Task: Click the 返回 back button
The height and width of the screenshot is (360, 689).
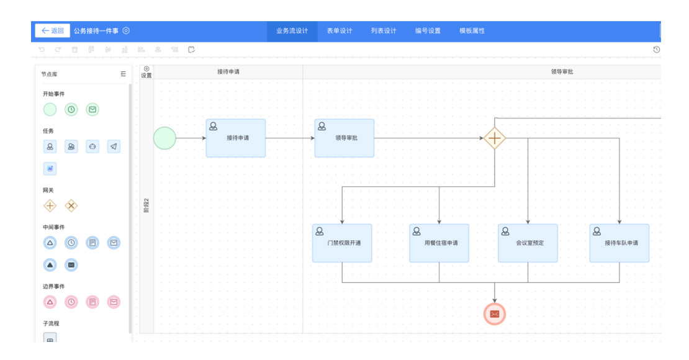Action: coord(52,30)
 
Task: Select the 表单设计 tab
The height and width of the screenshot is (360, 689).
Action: coord(340,31)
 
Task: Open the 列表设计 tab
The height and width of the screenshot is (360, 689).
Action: coord(384,31)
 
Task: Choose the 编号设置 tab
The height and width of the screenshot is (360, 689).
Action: coord(428,31)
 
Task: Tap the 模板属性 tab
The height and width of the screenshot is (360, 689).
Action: coord(472,31)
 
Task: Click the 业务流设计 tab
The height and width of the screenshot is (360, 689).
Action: coord(292,31)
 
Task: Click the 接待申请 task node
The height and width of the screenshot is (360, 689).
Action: coord(236,138)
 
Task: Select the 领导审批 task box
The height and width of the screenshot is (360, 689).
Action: coord(344,138)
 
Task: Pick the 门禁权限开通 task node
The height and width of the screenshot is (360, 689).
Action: coord(342,243)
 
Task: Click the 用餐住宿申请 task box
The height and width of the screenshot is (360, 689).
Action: coord(439,243)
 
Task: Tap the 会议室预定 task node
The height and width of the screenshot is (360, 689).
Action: coord(528,243)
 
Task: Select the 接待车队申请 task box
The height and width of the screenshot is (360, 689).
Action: coord(619,243)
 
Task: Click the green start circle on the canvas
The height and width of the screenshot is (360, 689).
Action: coord(164,138)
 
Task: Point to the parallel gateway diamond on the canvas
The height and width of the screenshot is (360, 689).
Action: coord(494,138)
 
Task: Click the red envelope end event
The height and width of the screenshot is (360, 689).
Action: coord(495,314)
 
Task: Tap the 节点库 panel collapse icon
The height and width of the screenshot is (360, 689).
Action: coord(123,74)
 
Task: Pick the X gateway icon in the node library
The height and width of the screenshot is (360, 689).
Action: coord(71,205)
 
